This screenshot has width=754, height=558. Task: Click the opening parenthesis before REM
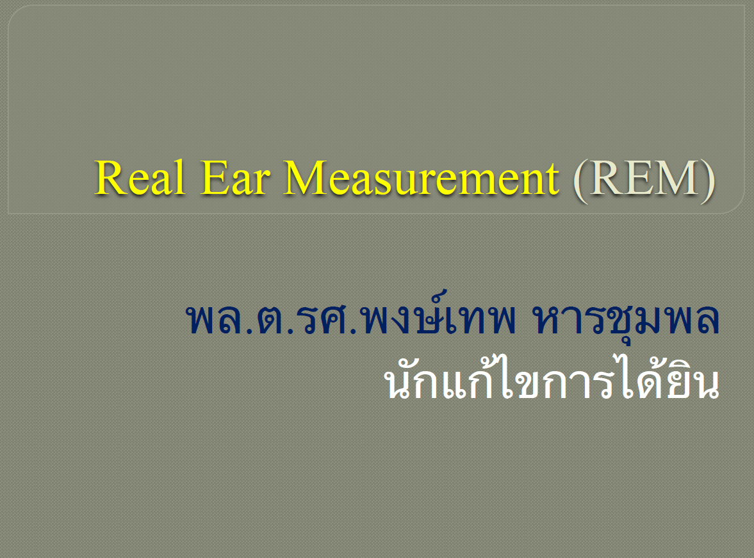click(x=581, y=179)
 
